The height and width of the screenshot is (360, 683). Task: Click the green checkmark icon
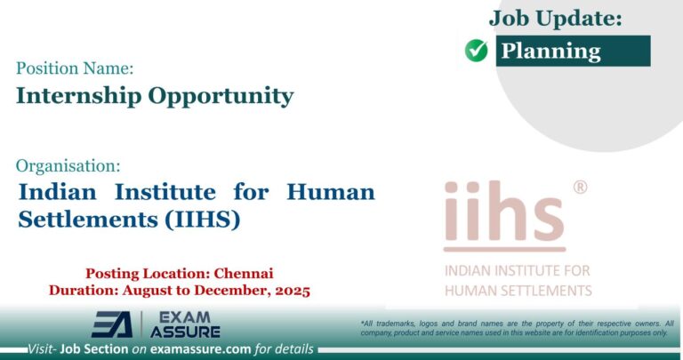(x=477, y=52)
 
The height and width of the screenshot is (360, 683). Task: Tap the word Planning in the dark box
(x=550, y=51)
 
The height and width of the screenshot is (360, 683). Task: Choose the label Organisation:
(x=68, y=164)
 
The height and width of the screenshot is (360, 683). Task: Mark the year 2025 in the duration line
(x=289, y=290)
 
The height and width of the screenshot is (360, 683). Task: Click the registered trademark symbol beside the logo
(x=580, y=188)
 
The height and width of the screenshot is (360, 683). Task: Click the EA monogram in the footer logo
(x=112, y=324)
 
